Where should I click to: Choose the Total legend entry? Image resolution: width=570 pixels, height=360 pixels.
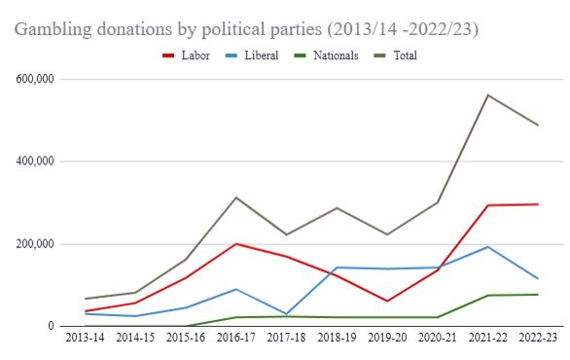(x=403, y=55)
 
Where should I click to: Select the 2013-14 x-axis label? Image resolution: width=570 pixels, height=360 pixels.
(x=87, y=340)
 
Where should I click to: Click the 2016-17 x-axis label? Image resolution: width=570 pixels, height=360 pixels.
(x=236, y=340)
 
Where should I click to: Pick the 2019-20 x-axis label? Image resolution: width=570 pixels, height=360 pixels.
(x=386, y=340)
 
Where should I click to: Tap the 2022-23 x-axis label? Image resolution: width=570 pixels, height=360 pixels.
(x=537, y=340)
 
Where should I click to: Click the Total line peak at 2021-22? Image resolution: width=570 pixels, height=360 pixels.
(x=487, y=94)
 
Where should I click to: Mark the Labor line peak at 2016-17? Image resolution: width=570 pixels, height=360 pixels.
(x=236, y=243)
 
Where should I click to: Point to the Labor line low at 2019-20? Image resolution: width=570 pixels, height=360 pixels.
(x=387, y=301)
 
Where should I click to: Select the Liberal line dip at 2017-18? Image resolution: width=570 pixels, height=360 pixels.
(x=287, y=313)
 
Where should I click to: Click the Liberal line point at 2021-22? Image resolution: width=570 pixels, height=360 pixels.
(x=487, y=246)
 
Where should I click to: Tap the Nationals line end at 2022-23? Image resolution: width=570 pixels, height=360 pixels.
(x=538, y=294)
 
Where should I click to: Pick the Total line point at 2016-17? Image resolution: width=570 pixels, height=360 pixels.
(x=236, y=198)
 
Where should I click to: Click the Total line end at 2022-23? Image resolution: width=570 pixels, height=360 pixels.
(x=538, y=125)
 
